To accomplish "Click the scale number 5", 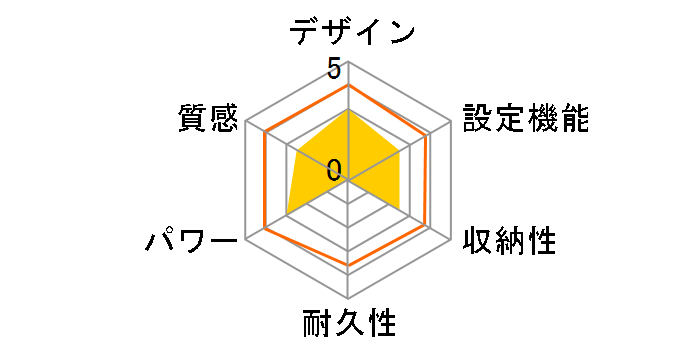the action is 333,70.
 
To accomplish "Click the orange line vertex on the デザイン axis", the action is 348,85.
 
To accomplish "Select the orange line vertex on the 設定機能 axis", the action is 429,133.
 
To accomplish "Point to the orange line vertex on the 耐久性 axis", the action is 348,266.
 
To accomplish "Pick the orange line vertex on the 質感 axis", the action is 266,133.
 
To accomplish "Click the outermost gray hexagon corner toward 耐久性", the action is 348,298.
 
